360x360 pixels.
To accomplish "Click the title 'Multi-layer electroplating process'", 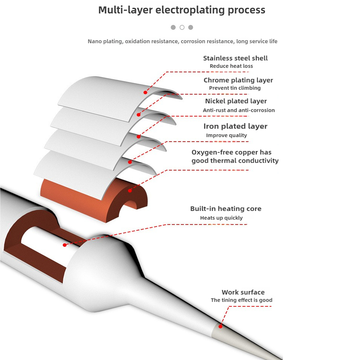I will [x=182, y=10].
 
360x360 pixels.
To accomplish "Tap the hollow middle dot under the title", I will [x=182, y=27].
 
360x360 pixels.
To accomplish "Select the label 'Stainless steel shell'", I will [x=235, y=58].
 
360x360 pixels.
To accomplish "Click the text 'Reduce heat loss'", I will [x=231, y=66].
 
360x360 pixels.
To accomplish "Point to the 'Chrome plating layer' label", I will [x=238, y=80].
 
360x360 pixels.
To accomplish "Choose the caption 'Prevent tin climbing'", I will [x=235, y=88].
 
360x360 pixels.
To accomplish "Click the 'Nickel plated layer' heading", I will [x=236, y=101].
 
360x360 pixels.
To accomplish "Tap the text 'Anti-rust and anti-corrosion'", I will [x=239, y=110].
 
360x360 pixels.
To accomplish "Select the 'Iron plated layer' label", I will [x=235, y=126].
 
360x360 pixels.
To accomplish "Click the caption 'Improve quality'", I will [x=226, y=135].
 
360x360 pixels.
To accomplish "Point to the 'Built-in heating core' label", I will [x=226, y=209].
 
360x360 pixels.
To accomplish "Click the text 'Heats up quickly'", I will [x=221, y=218].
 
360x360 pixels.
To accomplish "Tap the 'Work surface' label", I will [x=243, y=292].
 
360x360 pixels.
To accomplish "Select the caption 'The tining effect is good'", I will [x=242, y=300].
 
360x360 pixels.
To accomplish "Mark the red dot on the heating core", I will [x=64, y=245].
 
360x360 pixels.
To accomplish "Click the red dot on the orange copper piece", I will [x=130, y=189].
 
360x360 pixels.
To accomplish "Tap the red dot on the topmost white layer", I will [x=146, y=92].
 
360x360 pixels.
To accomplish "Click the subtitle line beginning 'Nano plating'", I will [x=183, y=41].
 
